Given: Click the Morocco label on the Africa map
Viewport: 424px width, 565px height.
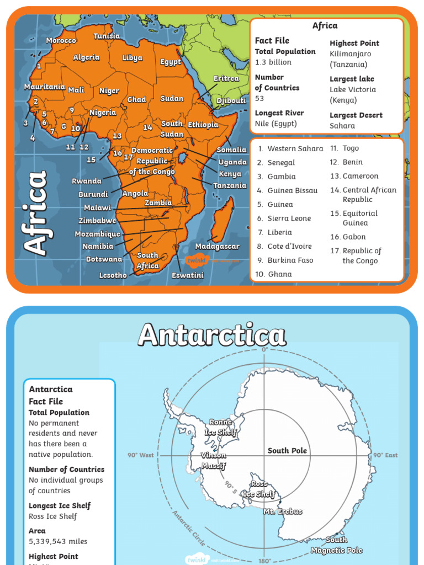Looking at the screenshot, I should pyautogui.click(x=61, y=41).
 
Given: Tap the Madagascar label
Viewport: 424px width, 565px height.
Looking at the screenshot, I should pyautogui.click(x=217, y=246).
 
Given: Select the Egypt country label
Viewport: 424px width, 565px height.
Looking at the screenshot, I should pyautogui.click(x=171, y=62).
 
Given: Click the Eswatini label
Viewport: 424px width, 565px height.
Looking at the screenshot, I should pyautogui.click(x=187, y=275).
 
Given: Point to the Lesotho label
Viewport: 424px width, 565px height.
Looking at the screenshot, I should pyautogui.click(x=113, y=275).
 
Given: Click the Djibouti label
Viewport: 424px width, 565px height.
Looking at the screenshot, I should pyautogui.click(x=231, y=101).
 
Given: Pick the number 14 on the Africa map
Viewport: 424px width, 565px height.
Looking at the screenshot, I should pyautogui.click(x=147, y=127).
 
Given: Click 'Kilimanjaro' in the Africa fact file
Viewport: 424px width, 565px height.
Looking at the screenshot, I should pyautogui.click(x=350, y=54).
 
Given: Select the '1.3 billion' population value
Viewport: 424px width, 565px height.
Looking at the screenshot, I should pyautogui.click(x=273, y=62).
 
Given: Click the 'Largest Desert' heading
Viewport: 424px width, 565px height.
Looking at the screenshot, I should pyautogui.click(x=356, y=115).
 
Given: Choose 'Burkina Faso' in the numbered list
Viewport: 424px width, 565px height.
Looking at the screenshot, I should pyautogui.click(x=290, y=260).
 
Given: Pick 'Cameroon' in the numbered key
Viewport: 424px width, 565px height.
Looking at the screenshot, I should pyautogui.click(x=360, y=176).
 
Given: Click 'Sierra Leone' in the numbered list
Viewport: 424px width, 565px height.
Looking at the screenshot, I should pyautogui.click(x=289, y=218).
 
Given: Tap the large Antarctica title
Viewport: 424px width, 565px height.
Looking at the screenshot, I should pyautogui.click(x=212, y=335).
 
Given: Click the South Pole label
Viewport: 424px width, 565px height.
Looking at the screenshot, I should pyautogui.click(x=287, y=451).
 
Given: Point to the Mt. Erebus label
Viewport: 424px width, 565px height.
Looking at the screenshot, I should pyautogui.click(x=283, y=511).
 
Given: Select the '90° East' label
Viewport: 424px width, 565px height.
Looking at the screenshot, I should pyautogui.click(x=385, y=455).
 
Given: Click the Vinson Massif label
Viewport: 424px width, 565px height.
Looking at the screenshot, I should pyautogui.click(x=214, y=461).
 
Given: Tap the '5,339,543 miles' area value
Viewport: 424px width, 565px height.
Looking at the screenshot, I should pyautogui.click(x=58, y=541).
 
